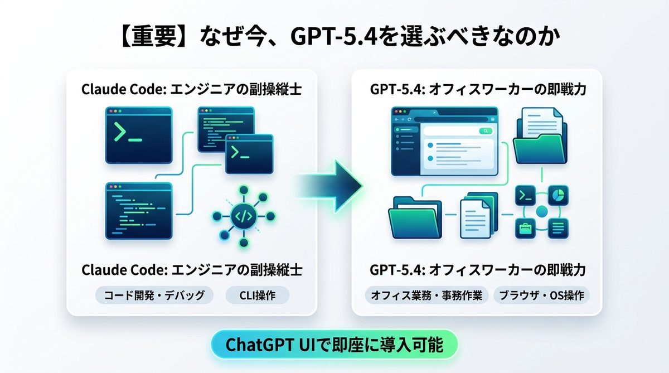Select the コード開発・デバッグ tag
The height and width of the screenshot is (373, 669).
[154, 294]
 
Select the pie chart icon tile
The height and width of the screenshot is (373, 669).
[558, 195]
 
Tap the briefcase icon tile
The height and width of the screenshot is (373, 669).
[525, 227]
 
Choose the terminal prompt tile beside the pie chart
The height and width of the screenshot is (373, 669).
[525, 195]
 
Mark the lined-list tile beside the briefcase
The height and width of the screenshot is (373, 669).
[558, 227]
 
